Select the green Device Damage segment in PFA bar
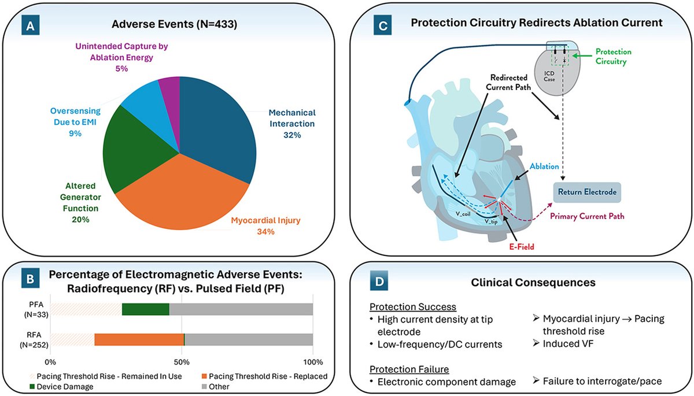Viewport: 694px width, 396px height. [x=145, y=309]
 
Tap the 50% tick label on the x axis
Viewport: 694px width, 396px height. [x=182, y=362]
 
